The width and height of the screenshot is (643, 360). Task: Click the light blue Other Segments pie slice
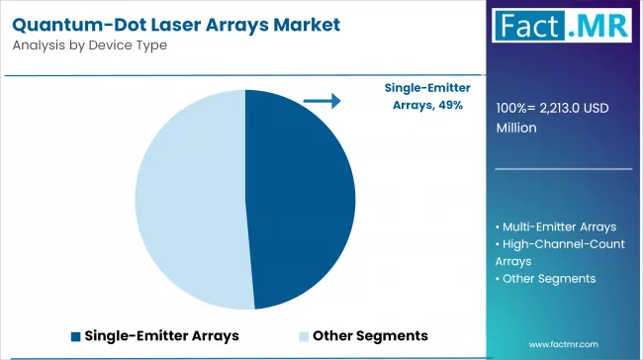click(188, 198)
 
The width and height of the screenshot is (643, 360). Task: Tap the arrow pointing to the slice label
click(321, 100)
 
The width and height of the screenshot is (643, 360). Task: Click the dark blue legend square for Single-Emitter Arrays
click(75, 335)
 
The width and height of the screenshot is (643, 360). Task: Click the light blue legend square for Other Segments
click(304, 335)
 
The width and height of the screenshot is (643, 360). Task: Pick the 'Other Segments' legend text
click(370, 335)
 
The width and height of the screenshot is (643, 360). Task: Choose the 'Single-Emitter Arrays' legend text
click(161, 335)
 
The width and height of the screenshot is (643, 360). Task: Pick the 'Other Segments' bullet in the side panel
click(549, 279)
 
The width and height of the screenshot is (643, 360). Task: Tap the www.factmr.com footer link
click(563, 344)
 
